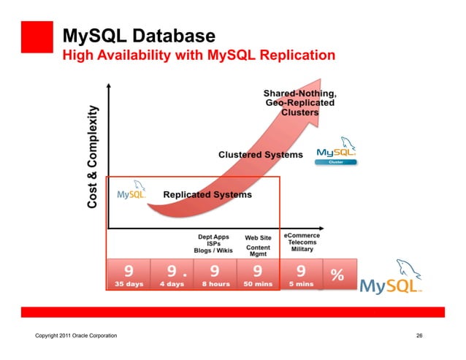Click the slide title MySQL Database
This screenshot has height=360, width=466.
(x=139, y=35)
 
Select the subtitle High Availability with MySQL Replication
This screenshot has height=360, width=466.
(x=199, y=55)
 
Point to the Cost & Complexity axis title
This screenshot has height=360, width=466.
(x=93, y=156)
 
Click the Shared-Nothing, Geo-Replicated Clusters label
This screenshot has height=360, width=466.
(x=300, y=103)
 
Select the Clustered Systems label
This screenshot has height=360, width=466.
(x=260, y=155)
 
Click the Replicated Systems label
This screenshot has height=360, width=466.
(x=207, y=195)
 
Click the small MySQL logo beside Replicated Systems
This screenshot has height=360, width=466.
(x=131, y=194)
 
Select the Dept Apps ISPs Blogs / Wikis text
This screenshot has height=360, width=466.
(x=213, y=244)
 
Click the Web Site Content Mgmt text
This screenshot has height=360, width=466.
(x=258, y=246)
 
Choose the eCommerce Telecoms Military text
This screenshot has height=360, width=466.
(x=302, y=242)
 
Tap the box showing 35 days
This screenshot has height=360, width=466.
(x=128, y=275)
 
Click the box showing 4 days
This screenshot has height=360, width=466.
(x=172, y=275)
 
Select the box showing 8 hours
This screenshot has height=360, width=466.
(x=215, y=275)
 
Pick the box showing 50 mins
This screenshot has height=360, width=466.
(x=258, y=275)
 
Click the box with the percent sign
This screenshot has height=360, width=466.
(x=337, y=275)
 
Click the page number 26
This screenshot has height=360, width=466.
(x=419, y=335)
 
